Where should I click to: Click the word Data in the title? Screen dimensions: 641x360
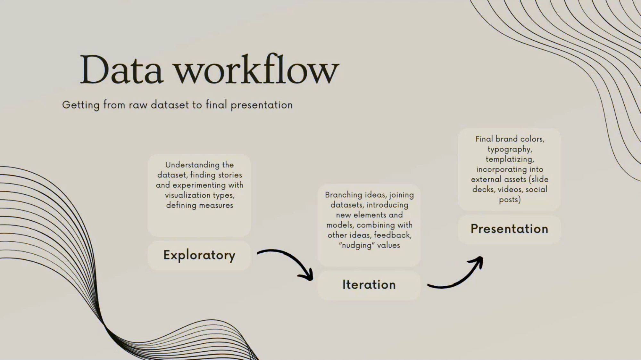121,70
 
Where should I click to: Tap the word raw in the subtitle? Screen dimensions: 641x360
138,105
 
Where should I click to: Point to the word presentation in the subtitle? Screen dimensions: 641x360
262,105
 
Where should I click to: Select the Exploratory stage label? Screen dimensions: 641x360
199,255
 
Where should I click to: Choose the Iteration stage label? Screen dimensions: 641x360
369,285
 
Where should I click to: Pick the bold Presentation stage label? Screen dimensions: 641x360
509,229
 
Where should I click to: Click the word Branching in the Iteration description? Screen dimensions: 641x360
343,195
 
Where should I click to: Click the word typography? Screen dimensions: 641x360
510,150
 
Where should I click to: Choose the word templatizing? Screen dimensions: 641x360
510,160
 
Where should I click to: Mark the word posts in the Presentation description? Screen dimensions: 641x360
509,200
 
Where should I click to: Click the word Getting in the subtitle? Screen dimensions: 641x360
81,105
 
